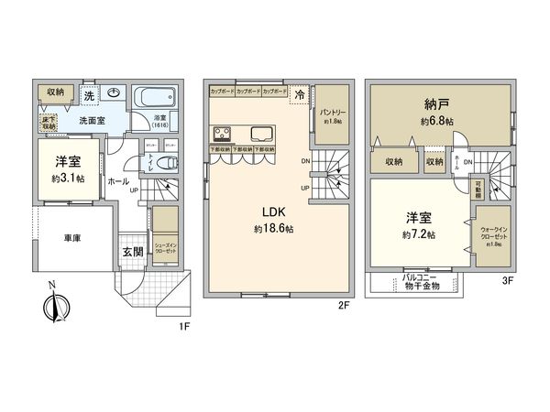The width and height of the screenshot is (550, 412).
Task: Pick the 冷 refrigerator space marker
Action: tap(300, 93)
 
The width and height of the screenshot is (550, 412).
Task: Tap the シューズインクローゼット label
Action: tap(166, 247)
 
